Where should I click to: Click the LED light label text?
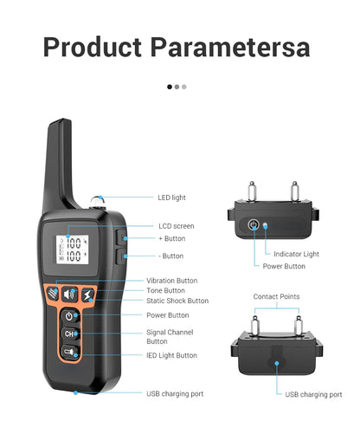point(171,198)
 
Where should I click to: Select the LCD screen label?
point(176,226)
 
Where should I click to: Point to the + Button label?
point(171,238)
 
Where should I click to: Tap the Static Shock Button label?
point(177,301)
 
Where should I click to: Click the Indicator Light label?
point(296,254)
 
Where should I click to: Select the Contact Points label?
point(276,296)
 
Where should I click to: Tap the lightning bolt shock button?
point(89,295)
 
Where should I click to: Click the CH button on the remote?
point(69,334)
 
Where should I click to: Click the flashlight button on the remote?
point(68,352)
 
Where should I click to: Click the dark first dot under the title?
point(169,87)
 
